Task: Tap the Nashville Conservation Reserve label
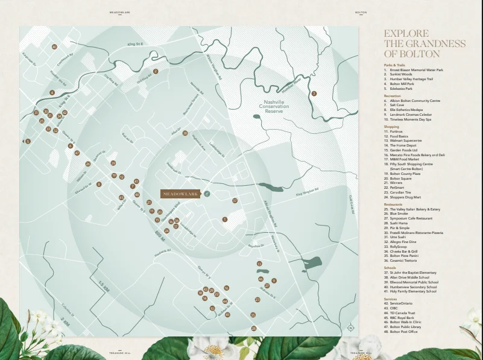click(274, 107)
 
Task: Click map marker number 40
click(54, 46)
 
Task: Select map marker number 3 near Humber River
click(314, 93)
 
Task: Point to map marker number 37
click(235, 201)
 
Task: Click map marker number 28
click(185, 133)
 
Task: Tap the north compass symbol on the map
click(350, 328)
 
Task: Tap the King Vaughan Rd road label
click(306, 194)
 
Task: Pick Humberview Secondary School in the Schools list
click(414, 287)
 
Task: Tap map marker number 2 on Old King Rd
click(156, 71)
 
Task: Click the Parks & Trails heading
click(394, 65)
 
